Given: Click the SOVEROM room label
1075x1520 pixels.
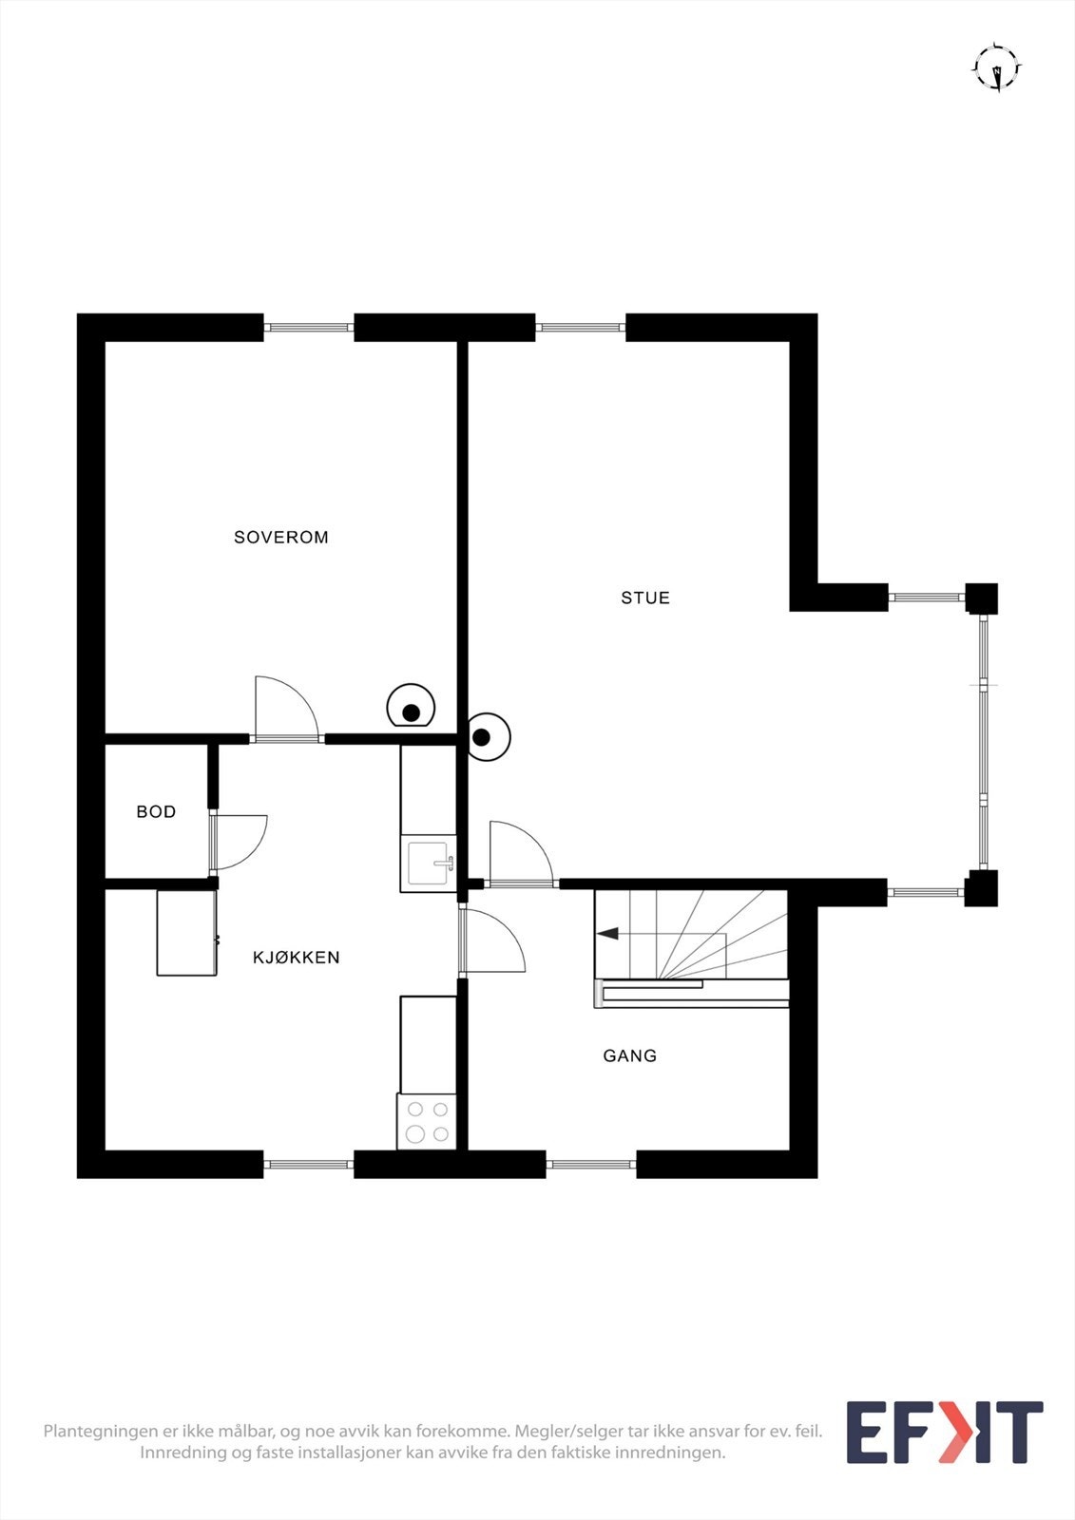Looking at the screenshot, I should click(x=281, y=537).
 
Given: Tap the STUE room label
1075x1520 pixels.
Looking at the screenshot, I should click(x=645, y=598).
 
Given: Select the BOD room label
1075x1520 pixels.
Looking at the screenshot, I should click(x=156, y=811).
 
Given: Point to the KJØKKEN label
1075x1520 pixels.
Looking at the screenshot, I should click(x=297, y=958).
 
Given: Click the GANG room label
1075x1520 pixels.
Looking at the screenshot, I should click(x=629, y=1055).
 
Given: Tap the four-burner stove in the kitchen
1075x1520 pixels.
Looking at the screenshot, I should click(x=427, y=1121).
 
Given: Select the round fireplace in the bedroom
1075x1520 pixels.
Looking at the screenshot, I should click(x=411, y=707).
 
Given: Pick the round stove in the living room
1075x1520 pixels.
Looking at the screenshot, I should click(x=487, y=736).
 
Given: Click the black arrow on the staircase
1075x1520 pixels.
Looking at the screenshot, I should click(x=607, y=934).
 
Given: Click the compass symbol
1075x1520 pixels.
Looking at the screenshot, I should click(x=996, y=68).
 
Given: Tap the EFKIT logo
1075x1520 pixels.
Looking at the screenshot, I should click(x=944, y=1432).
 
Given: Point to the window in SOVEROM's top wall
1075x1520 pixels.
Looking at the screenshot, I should click(x=308, y=328).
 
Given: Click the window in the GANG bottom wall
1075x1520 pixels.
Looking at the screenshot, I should click(x=591, y=1164).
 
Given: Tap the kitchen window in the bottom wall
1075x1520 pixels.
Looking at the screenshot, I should click(x=308, y=1164).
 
